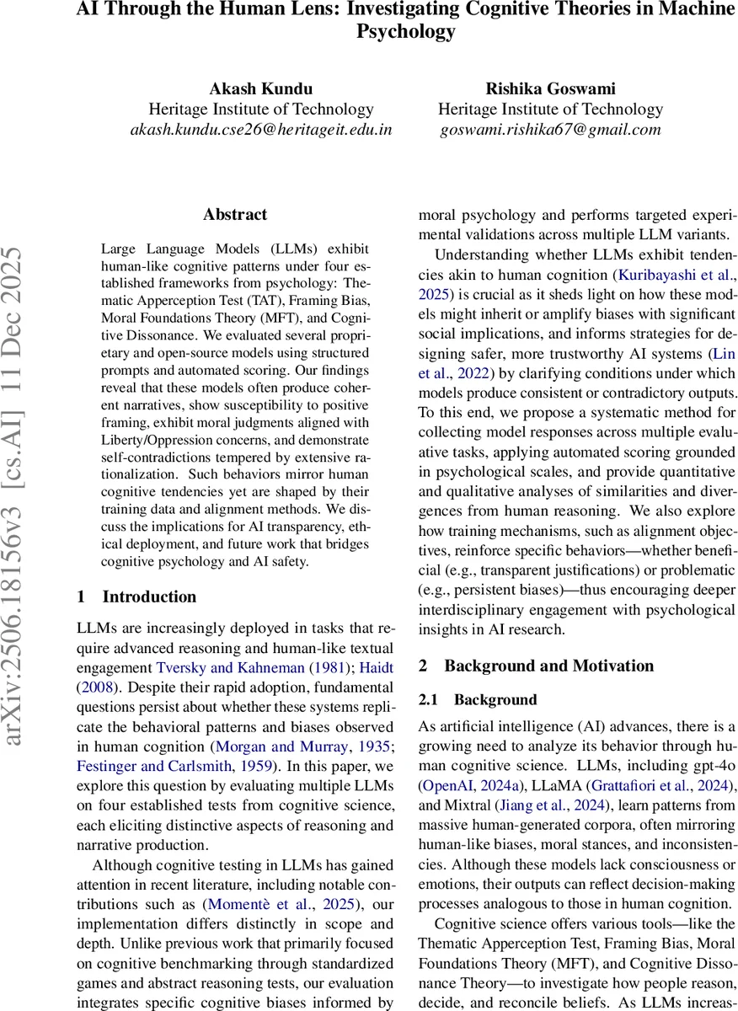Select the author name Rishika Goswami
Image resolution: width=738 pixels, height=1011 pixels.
[550, 88]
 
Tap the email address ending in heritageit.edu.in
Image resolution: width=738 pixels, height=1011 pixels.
[260, 130]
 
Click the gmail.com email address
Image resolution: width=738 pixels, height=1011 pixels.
[550, 130]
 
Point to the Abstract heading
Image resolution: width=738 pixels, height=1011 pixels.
[234, 215]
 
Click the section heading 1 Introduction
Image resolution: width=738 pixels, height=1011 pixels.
[136, 596]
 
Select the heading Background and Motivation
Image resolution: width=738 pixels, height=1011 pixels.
[536, 666]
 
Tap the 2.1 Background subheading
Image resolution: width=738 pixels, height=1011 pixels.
[478, 699]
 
